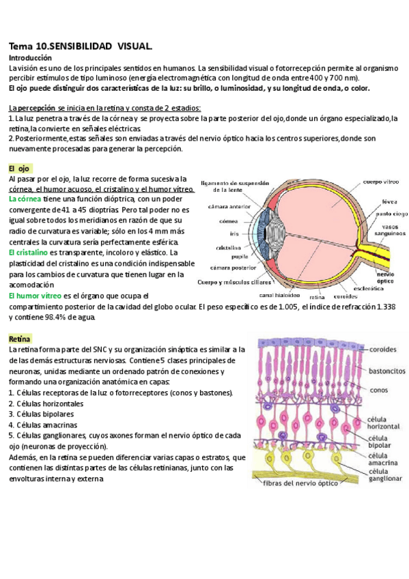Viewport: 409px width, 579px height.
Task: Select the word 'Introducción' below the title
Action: click(30, 59)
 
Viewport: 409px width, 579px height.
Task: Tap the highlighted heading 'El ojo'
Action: click(20, 168)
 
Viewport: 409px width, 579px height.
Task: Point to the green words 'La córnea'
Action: click(25, 199)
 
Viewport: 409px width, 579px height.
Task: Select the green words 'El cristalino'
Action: click(28, 253)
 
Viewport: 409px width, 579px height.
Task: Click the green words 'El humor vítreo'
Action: click(34, 296)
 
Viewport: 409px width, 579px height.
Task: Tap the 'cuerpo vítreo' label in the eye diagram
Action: click(381, 182)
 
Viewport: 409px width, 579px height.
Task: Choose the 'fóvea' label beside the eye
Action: click(391, 201)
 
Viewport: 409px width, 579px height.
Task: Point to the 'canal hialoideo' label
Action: click(279, 296)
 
